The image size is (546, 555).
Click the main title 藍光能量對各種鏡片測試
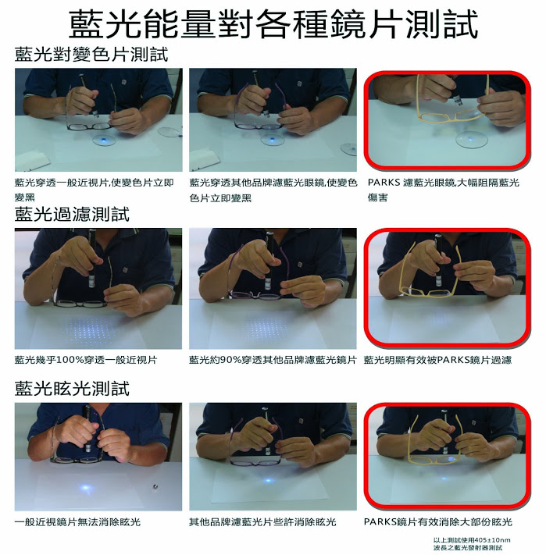tap(273, 24)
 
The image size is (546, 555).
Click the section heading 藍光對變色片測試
tap(91, 55)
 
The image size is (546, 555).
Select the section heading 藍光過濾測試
tap(72, 214)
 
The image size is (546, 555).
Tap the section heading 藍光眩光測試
tap(72, 388)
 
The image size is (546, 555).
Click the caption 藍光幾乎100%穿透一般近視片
tap(86, 360)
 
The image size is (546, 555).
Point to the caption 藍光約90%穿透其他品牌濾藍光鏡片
tap(273, 360)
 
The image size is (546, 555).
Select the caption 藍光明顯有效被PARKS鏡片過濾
tap(437, 360)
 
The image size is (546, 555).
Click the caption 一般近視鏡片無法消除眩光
tap(77, 521)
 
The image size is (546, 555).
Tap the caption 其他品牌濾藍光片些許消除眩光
tap(262, 521)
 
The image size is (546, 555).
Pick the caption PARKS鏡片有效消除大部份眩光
tap(438, 521)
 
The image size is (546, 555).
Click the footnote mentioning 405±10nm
tap(472, 543)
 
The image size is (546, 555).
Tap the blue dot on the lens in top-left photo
tap(104, 141)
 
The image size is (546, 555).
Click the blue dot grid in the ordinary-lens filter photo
tap(91, 329)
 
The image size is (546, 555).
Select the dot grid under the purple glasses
tap(266, 328)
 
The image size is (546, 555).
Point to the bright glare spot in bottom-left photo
tap(85, 488)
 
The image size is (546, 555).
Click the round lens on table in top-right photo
tap(472, 139)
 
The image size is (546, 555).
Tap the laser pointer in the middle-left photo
tap(92, 259)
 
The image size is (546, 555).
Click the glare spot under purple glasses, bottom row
tap(269, 480)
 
